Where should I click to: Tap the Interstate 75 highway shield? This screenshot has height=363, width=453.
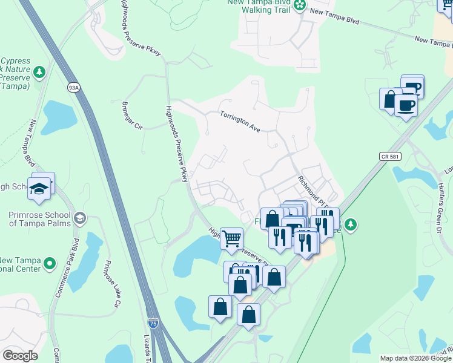tap(154, 324)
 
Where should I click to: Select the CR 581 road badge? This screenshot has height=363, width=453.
tap(391, 156)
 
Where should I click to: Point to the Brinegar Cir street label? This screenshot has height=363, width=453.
tap(131, 116)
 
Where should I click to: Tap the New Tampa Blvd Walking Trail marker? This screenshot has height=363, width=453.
tap(299, 5)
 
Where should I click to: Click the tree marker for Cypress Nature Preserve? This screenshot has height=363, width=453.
tap(40, 73)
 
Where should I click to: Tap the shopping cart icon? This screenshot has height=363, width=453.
tap(231, 239)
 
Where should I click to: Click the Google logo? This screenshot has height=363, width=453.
tap(20, 356)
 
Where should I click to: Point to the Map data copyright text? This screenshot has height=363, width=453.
tap(415, 358)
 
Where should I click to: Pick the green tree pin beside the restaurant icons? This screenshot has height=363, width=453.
tap(351, 225)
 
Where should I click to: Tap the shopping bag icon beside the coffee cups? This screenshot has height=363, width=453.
tap(391, 99)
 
